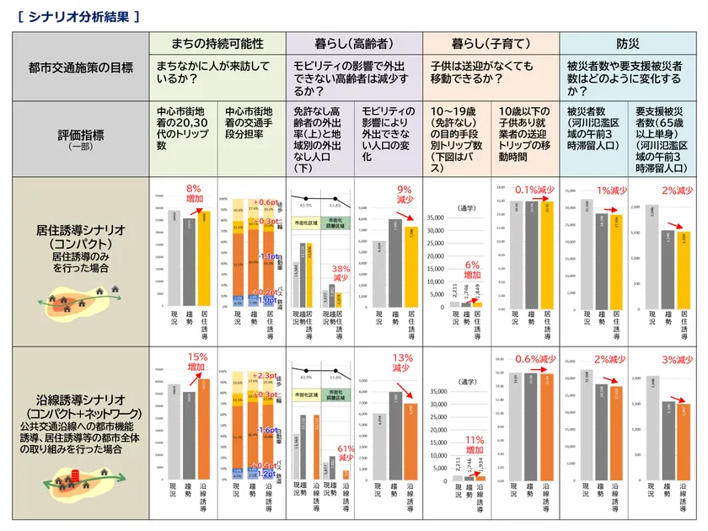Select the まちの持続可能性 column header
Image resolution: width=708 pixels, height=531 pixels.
coord(217,43)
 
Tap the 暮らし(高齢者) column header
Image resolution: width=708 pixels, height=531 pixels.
coord(354,43)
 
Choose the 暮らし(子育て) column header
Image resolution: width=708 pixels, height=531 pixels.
coord(491,43)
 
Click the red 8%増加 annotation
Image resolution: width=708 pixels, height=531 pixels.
coord(195,194)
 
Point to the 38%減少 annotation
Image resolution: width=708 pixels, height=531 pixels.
coord(341,272)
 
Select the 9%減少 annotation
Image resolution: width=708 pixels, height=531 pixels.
coord(405,195)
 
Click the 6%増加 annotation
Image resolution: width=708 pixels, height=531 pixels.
coord(473,270)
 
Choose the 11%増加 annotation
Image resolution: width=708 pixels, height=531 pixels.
coord(474,444)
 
